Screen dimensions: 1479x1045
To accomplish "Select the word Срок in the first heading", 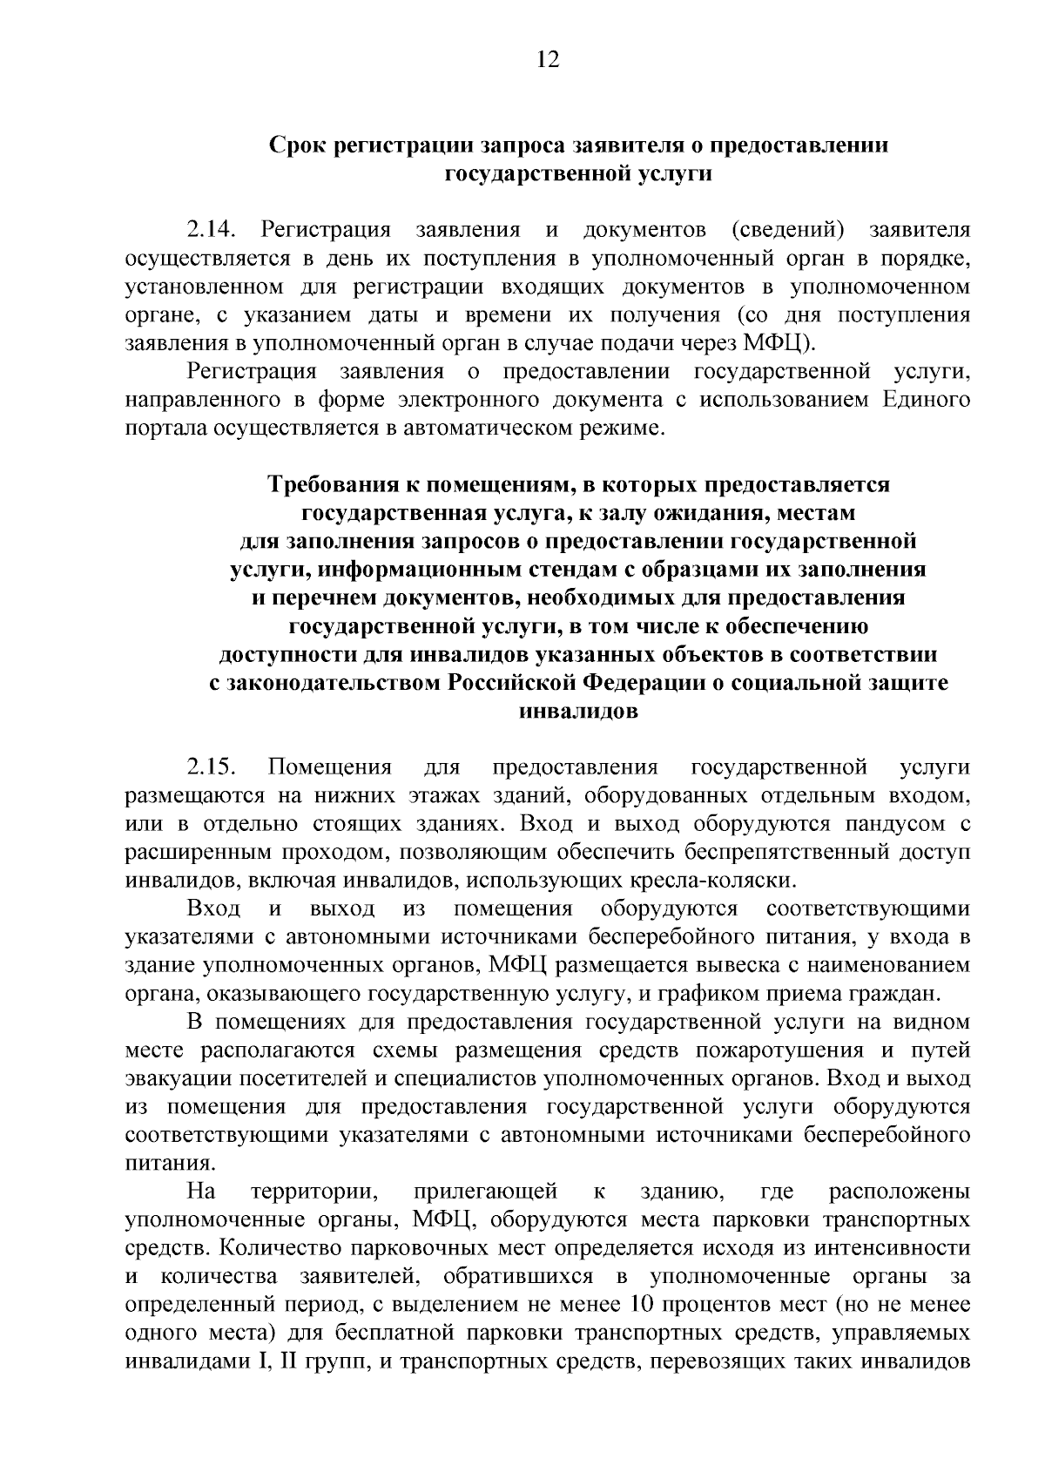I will click(x=295, y=145).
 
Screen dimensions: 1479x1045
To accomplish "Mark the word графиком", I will click(x=699, y=993).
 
